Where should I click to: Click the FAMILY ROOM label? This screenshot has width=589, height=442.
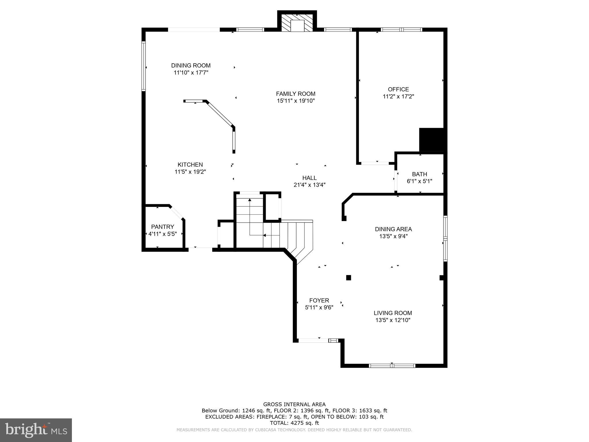(296, 94)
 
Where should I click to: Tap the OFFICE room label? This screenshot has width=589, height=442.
(398, 89)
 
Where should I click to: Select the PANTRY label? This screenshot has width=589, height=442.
(162, 227)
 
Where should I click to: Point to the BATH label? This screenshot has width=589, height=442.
(419, 174)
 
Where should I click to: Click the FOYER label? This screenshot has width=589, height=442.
(319, 300)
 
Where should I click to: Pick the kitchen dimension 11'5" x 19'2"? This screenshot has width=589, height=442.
(190, 172)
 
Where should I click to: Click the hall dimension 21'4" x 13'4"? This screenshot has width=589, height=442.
(309, 185)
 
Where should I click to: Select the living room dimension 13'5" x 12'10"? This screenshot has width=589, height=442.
(393, 320)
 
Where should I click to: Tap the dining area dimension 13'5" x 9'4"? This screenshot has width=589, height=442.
(393, 236)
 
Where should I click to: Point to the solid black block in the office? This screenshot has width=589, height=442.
(431, 140)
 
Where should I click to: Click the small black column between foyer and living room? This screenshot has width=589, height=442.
(349, 278)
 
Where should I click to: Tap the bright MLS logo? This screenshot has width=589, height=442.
(36, 430)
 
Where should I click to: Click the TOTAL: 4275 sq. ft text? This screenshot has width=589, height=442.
(294, 423)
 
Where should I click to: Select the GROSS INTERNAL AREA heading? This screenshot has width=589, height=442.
(294, 404)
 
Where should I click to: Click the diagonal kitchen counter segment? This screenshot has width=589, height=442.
(220, 114)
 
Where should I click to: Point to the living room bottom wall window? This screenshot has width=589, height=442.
(392, 366)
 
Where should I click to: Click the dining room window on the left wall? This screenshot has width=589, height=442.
(144, 66)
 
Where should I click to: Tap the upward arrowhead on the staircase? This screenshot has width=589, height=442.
(250, 199)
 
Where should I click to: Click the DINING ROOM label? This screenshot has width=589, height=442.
(191, 66)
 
